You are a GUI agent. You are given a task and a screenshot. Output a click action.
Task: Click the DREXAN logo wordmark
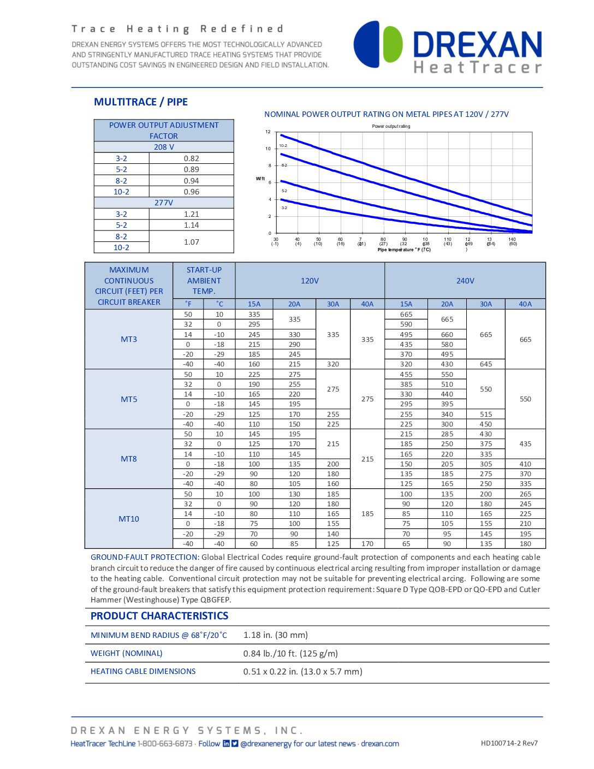[477, 44]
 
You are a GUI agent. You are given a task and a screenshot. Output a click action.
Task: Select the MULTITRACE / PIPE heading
[141, 102]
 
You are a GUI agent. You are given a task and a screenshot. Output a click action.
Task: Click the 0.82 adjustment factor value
[191, 158]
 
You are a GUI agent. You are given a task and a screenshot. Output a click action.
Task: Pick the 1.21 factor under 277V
[191, 214]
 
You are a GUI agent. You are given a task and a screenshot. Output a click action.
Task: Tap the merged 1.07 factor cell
[191, 242]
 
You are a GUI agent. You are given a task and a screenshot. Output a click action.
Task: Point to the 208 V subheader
[164, 147]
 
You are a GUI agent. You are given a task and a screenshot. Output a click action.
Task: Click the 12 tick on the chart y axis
[268, 132]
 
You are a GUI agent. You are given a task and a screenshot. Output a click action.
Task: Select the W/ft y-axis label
[260, 179]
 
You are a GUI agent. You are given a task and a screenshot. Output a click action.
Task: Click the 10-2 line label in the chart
[283, 146]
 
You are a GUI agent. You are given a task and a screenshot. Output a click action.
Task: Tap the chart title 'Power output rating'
[391, 126]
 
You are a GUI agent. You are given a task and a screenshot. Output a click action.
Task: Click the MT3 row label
[129, 339]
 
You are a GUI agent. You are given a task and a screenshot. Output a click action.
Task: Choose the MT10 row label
[129, 519]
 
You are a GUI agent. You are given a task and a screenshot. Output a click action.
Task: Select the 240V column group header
[465, 281]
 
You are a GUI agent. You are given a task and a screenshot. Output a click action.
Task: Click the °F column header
[188, 304]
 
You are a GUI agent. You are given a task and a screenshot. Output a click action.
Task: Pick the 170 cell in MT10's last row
[367, 544]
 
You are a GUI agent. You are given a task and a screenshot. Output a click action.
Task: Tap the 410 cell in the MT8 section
[525, 464]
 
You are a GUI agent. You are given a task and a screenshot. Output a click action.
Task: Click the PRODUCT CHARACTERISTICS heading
[159, 616]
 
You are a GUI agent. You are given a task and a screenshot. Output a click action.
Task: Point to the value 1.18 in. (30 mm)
[276, 635]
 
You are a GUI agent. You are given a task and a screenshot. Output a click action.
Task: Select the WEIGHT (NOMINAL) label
[127, 653]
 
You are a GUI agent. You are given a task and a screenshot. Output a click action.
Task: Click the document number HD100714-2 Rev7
[509, 743]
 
